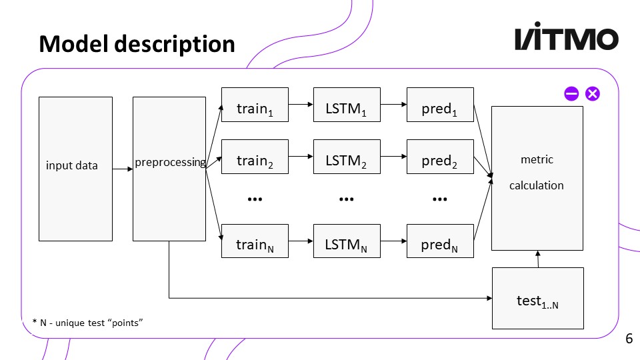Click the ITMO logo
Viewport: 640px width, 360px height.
[566, 39]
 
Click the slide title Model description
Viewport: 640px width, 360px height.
[137, 44]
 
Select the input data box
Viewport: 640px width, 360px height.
[75, 169]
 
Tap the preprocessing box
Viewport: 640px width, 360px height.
[169, 169]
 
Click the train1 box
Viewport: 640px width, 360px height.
[255, 105]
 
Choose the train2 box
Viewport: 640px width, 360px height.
[255, 157]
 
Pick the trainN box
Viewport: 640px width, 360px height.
[255, 241]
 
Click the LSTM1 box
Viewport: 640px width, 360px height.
[347, 105]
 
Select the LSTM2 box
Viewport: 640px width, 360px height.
[347, 157]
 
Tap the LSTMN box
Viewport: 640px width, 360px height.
[347, 241]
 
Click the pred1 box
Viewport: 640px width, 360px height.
[440, 105]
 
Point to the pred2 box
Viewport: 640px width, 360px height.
[440, 157]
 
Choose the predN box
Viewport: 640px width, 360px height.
[440, 241]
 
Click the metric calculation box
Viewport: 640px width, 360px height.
[537, 178]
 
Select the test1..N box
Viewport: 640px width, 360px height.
[537, 298]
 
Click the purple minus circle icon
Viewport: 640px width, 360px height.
[571, 94]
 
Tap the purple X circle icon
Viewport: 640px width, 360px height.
[592, 94]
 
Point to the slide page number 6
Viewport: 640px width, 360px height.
[629, 339]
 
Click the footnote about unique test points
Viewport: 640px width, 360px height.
[88, 323]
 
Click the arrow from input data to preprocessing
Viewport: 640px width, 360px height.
[123, 169]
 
